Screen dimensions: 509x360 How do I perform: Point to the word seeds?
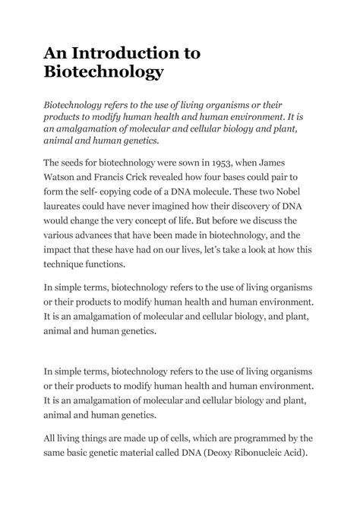click(x=81, y=162)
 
